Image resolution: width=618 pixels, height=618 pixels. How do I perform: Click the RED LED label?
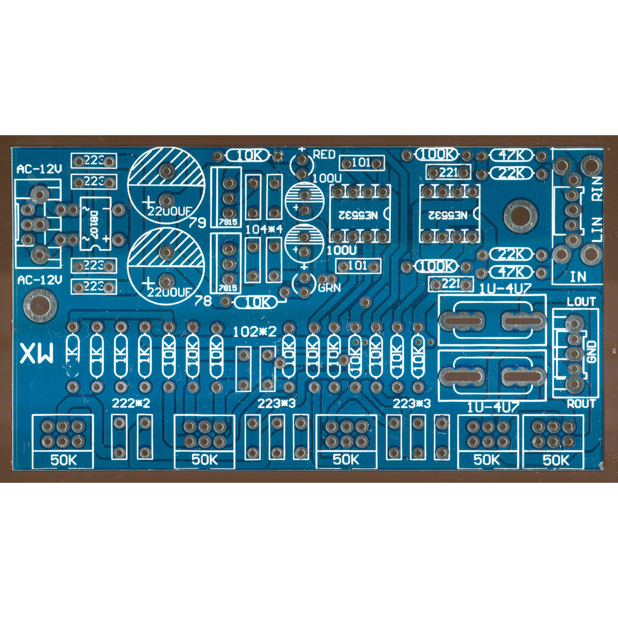click(x=324, y=154)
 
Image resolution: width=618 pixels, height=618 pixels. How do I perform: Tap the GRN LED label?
click(x=330, y=288)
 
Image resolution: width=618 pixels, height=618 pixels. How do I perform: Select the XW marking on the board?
click(x=37, y=354)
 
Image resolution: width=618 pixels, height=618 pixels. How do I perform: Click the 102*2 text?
click(x=255, y=332)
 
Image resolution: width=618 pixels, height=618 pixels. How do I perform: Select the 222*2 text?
click(x=131, y=404)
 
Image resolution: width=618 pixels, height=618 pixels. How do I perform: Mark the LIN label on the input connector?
click(x=597, y=230)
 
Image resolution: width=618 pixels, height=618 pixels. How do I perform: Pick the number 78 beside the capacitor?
click(x=202, y=301)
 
